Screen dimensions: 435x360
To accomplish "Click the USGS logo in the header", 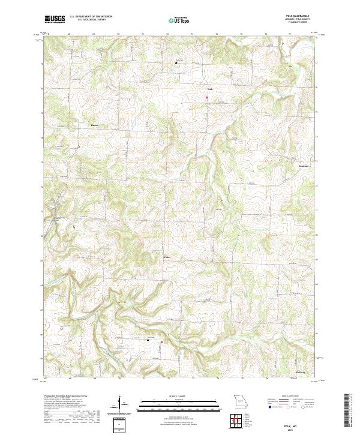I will (x=54, y=19).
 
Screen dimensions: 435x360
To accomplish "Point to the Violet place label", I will (x=167, y=257).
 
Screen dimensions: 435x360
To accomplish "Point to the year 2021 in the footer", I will (x=301, y=428).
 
